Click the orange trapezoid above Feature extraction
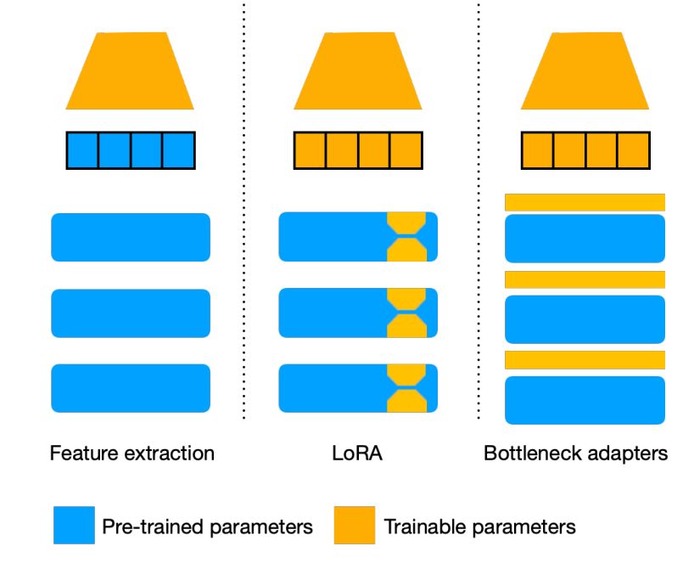point(130,72)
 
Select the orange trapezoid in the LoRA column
point(357,72)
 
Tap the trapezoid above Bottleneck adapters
point(585,72)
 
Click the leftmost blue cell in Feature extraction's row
point(83,150)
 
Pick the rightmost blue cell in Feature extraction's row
point(178,150)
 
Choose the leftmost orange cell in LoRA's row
point(311,150)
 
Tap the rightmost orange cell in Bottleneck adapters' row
point(633,150)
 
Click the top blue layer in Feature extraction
point(130,237)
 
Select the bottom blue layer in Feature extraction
point(130,388)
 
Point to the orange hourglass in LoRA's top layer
point(405,237)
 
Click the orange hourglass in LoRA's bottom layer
point(405,388)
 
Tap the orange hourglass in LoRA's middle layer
point(405,313)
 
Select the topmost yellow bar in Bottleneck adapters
point(585,202)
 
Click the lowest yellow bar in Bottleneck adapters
point(585,360)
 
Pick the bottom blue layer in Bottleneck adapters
point(585,400)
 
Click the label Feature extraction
point(131,454)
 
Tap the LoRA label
point(357,454)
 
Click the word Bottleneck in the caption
point(526,454)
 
